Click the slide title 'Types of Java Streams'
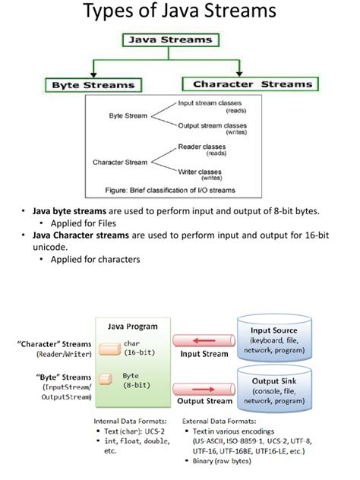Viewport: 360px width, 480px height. pyautogui.click(x=179, y=13)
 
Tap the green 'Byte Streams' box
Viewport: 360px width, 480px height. pyautogui.click(x=93, y=85)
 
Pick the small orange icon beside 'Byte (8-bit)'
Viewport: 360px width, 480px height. pyautogui.click(x=107, y=376)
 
